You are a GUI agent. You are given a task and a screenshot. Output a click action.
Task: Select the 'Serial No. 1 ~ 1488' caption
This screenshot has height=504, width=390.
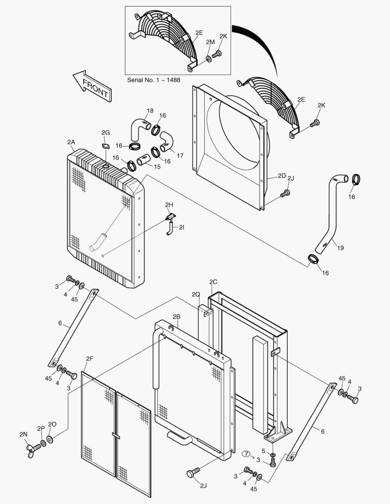(x=154, y=80)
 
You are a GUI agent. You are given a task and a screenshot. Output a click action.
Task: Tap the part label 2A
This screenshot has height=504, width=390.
(x=71, y=141)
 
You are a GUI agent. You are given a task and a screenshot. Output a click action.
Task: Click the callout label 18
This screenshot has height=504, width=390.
(x=149, y=111)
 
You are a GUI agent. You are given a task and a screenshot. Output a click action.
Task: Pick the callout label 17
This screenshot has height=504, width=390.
(x=180, y=155)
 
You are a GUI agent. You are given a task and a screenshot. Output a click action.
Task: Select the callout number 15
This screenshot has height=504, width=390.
(x=156, y=167)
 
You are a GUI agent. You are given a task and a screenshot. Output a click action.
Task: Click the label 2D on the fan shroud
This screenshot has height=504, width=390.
(x=281, y=175)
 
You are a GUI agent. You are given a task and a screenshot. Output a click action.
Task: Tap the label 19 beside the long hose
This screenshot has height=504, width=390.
(x=340, y=248)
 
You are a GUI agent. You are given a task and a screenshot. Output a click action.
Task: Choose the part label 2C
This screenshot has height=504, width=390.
(x=213, y=281)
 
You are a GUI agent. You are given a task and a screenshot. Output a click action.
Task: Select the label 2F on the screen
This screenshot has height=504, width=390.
(x=90, y=358)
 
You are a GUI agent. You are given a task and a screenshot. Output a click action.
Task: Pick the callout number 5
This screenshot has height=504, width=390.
(x=263, y=451)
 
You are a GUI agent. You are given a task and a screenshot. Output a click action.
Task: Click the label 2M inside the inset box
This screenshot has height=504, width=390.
(x=210, y=42)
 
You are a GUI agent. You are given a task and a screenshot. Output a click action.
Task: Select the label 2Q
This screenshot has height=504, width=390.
(x=195, y=294)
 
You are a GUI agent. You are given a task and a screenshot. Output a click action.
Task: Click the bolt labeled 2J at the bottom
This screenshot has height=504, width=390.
(x=193, y=474)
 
